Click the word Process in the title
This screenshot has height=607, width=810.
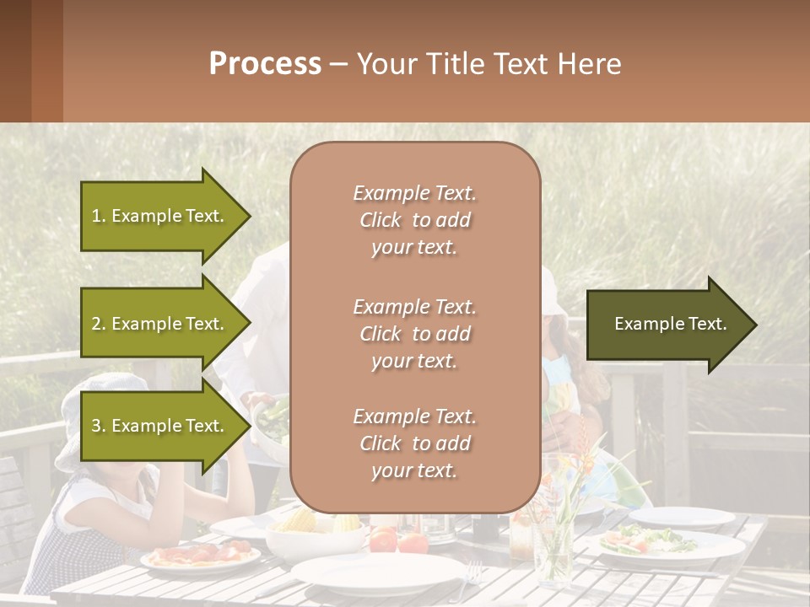click(265, 64)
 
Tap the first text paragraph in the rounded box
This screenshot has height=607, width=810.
click(414, 220)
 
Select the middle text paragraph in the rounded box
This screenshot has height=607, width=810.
click(414, 334)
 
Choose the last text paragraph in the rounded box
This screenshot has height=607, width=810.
click(414, 443)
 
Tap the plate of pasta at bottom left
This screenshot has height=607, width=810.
click(201, 556)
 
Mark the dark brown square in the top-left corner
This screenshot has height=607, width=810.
click(15, 61)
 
